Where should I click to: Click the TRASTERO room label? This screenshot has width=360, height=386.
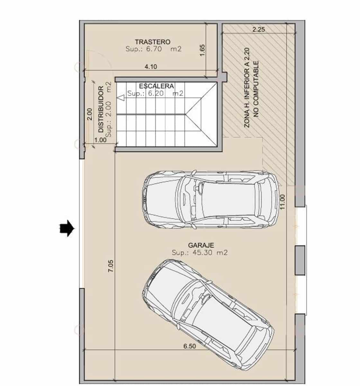coord(152,42)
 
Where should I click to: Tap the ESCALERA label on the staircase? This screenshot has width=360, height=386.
coord(157,86)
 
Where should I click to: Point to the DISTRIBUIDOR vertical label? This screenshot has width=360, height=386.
coord(101,109)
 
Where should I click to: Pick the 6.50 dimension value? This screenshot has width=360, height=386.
coord(189,346)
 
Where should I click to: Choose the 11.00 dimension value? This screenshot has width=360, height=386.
coord(283,202)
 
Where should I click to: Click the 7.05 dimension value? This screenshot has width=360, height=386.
coord(111,266)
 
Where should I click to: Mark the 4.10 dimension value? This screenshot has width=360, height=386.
coord(151,67)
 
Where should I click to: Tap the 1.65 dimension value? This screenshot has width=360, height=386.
coord(202,50)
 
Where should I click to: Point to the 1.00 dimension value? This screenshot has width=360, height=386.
coord(100,140)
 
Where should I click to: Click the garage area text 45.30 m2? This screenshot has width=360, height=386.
coord(200,253)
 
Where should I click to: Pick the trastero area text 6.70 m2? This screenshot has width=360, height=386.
coord(154,49)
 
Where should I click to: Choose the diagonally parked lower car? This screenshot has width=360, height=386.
coord(208,314)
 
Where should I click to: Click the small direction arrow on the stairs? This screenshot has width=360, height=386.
coord(121,98)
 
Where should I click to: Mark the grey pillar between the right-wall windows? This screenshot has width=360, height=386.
coord(300,260)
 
